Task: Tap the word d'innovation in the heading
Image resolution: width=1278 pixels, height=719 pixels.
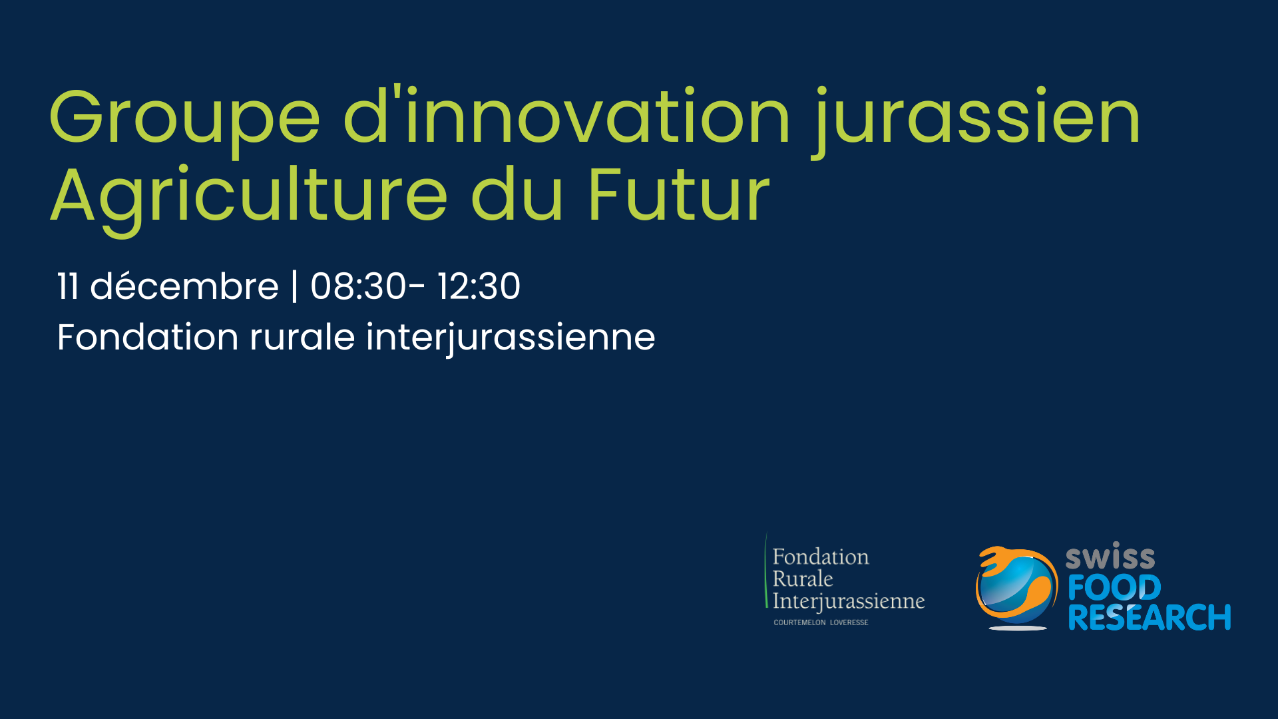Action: click(x=566, y=115)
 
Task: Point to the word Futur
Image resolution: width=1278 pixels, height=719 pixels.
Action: click(x=678, y=194)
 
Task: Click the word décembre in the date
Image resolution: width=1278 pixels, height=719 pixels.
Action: click(x=184, y=286)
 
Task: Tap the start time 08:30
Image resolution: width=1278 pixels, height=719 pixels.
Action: click(x=358, y=286)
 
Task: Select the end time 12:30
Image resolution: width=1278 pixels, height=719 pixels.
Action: click(x=479, y=286)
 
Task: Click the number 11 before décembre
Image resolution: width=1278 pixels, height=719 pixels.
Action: click(x=68, y=286)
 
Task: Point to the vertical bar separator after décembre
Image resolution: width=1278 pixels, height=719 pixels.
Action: click(x=294, y=286)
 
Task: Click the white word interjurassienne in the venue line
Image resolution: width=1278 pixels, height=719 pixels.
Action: click(x=511, y=338)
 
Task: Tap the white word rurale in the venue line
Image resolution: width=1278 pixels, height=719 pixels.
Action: click(x=302, y=337)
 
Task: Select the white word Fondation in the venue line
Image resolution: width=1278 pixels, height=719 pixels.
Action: click(x=148, y=337)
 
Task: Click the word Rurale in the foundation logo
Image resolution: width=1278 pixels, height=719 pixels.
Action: click(x=803, y=579)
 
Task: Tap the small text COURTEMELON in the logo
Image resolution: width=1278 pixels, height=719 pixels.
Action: click(x=799, y=622)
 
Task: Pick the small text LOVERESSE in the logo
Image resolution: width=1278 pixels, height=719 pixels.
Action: click(x=849, y=622)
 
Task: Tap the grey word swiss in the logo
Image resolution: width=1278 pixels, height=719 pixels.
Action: click(x=1110, y=557)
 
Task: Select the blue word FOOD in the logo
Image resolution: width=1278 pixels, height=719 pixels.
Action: click(x=1114, y=587)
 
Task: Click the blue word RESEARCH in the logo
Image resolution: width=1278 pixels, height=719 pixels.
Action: click(x=1150, y=617)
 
